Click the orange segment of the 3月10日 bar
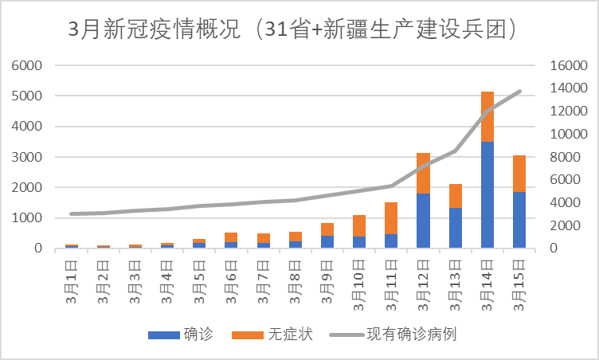click(358, 225)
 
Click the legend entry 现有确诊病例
click(398, 334)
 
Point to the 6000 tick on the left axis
click(28, 65)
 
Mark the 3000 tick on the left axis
click(28, 157)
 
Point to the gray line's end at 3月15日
click(519, 91)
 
